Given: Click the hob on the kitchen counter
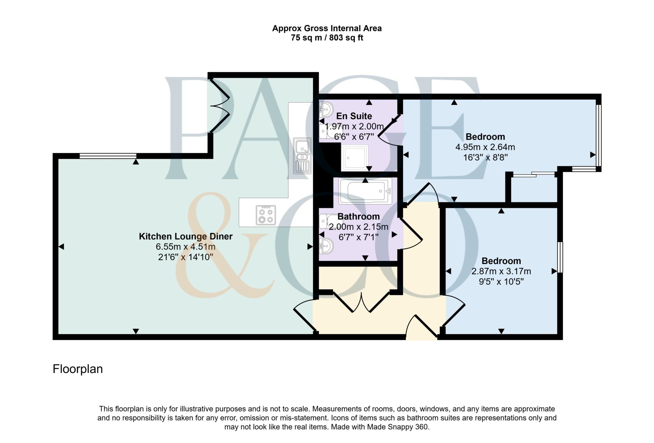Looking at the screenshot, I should (x=266, y=215).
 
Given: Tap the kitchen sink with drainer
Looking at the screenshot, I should (x=302, y=156).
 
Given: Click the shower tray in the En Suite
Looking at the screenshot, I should (x=355, y=157).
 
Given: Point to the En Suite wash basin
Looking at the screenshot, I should (x=326, y=109).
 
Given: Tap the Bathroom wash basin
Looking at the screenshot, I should (x=326, y=245).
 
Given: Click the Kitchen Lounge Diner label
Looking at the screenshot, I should (x=186, y=237).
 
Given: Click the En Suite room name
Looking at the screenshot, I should (x=354, y=116).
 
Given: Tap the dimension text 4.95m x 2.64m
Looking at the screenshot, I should (x=485, y=147).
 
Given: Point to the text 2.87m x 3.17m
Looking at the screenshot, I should (x=501, y=271).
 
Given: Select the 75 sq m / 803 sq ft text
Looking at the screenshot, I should (x=327, y=38).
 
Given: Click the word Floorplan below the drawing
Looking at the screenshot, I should (x=78, y=369).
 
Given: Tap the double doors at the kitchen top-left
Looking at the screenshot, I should (x=220, y=105).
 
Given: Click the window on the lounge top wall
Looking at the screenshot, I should (x=108, y=156).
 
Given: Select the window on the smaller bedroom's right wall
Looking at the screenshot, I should (x=560, y=257).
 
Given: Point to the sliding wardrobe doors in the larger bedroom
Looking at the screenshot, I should (x=534, y=174).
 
